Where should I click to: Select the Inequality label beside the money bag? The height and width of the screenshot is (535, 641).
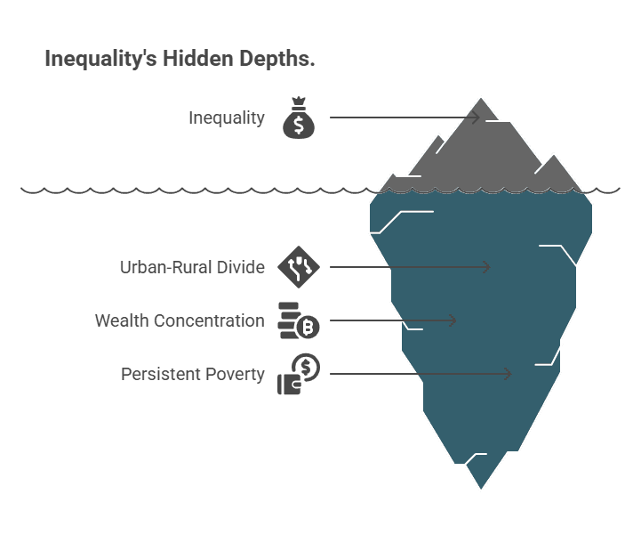(x=226, y=118)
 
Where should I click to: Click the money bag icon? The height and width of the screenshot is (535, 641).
(x=299, y=118)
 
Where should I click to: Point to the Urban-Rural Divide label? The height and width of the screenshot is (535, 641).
(x=192, y=267)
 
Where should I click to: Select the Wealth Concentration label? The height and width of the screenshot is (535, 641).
(x=180, y=320)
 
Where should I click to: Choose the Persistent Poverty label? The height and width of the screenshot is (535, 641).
(x=193, y=374)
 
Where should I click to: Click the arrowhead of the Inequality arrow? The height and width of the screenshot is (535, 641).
(x=477, y=118)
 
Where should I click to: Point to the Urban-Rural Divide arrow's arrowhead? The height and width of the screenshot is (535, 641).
(x=487, y=267)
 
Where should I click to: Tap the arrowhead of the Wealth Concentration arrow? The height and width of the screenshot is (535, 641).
(x=453, y=320)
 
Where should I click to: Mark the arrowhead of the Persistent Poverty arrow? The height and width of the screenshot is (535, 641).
(x=509, y=374)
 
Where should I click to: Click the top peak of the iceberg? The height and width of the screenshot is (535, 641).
(x=481, y=97)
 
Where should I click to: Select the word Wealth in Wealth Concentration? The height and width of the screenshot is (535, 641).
(x=122, y=320)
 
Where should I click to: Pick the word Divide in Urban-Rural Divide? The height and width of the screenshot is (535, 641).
(x=241, y=267)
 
